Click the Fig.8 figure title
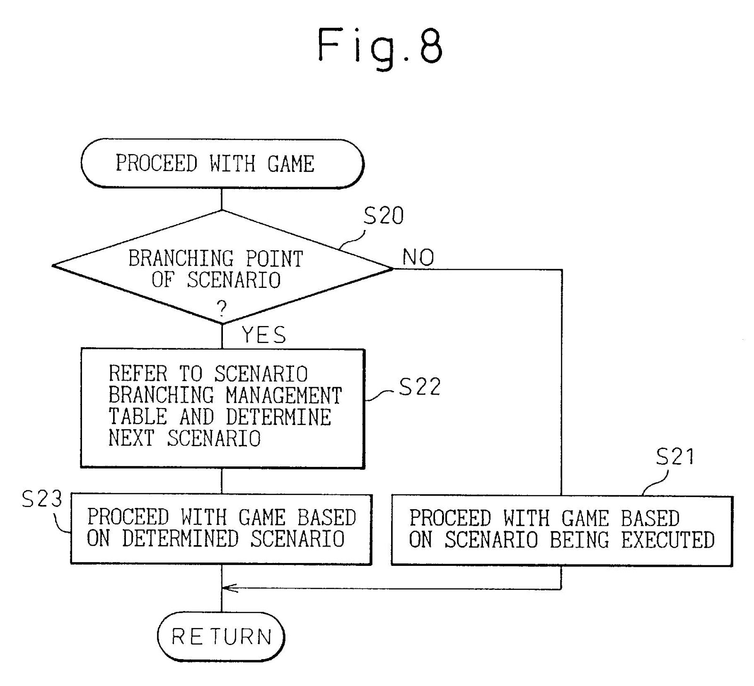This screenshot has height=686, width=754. point(380,46)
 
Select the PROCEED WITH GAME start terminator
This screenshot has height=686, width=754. point(222,163)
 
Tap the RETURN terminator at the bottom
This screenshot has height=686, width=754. point(221,637)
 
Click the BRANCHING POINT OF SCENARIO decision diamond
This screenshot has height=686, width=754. point(222,268)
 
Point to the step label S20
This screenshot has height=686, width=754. point(384,216)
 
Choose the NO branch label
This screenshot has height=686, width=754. point(418,258)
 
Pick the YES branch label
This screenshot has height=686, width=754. point(264,335)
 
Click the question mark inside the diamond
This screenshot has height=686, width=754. point(221,309)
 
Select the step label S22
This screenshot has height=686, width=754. point(419,387)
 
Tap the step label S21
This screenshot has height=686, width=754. point(675,457)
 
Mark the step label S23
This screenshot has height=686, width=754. point(42,499)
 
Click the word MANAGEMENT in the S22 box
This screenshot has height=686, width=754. point(284,395)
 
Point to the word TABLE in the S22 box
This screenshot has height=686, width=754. point(138,417)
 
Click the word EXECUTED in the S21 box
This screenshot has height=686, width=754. point(668,540)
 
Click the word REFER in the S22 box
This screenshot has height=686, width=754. point(138,374)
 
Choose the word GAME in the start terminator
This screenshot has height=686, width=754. point(291,164)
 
